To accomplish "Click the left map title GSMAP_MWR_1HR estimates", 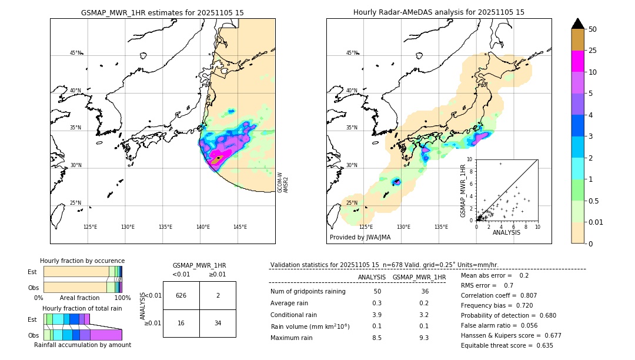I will point(162,12).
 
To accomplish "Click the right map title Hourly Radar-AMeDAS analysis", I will point(439,12).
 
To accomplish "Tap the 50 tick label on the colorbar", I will point(593,29).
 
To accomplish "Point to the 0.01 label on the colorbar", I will point(596,222).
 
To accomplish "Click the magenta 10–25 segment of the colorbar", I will point(578,62).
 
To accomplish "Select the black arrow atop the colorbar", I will point(578,24).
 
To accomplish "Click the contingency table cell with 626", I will point(181,295).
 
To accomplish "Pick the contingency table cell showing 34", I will point(218,323).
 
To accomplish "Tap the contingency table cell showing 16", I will point(181,323).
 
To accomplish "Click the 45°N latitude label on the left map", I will point(76,53).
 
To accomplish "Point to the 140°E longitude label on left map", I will point(203,227).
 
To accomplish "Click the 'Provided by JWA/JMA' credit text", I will point(360,238).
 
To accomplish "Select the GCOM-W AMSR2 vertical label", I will point(283,182).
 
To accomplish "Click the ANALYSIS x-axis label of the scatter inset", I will point(506,232).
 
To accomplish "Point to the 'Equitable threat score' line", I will point(507,345).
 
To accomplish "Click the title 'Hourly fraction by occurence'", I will point(82,261).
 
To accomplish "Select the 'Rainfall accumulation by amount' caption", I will point(82,345).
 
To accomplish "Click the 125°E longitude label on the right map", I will point(366,227).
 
